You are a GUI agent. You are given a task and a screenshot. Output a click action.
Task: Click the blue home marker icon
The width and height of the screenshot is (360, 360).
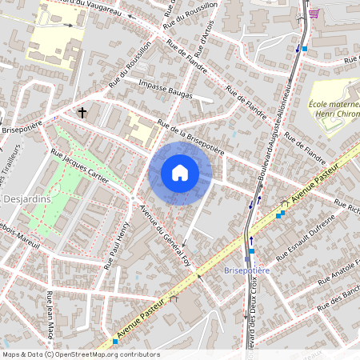coord(180,173)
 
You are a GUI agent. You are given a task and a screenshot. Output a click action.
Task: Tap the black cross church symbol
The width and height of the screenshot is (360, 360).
coord(82,113)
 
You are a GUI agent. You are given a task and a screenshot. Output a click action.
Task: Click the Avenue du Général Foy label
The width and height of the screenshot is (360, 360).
coord(169,239)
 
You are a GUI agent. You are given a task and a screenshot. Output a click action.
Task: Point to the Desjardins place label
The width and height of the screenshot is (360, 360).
coord(25,198)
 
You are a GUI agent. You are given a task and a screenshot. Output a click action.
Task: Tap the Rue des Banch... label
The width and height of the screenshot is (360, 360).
coord(340,300)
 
